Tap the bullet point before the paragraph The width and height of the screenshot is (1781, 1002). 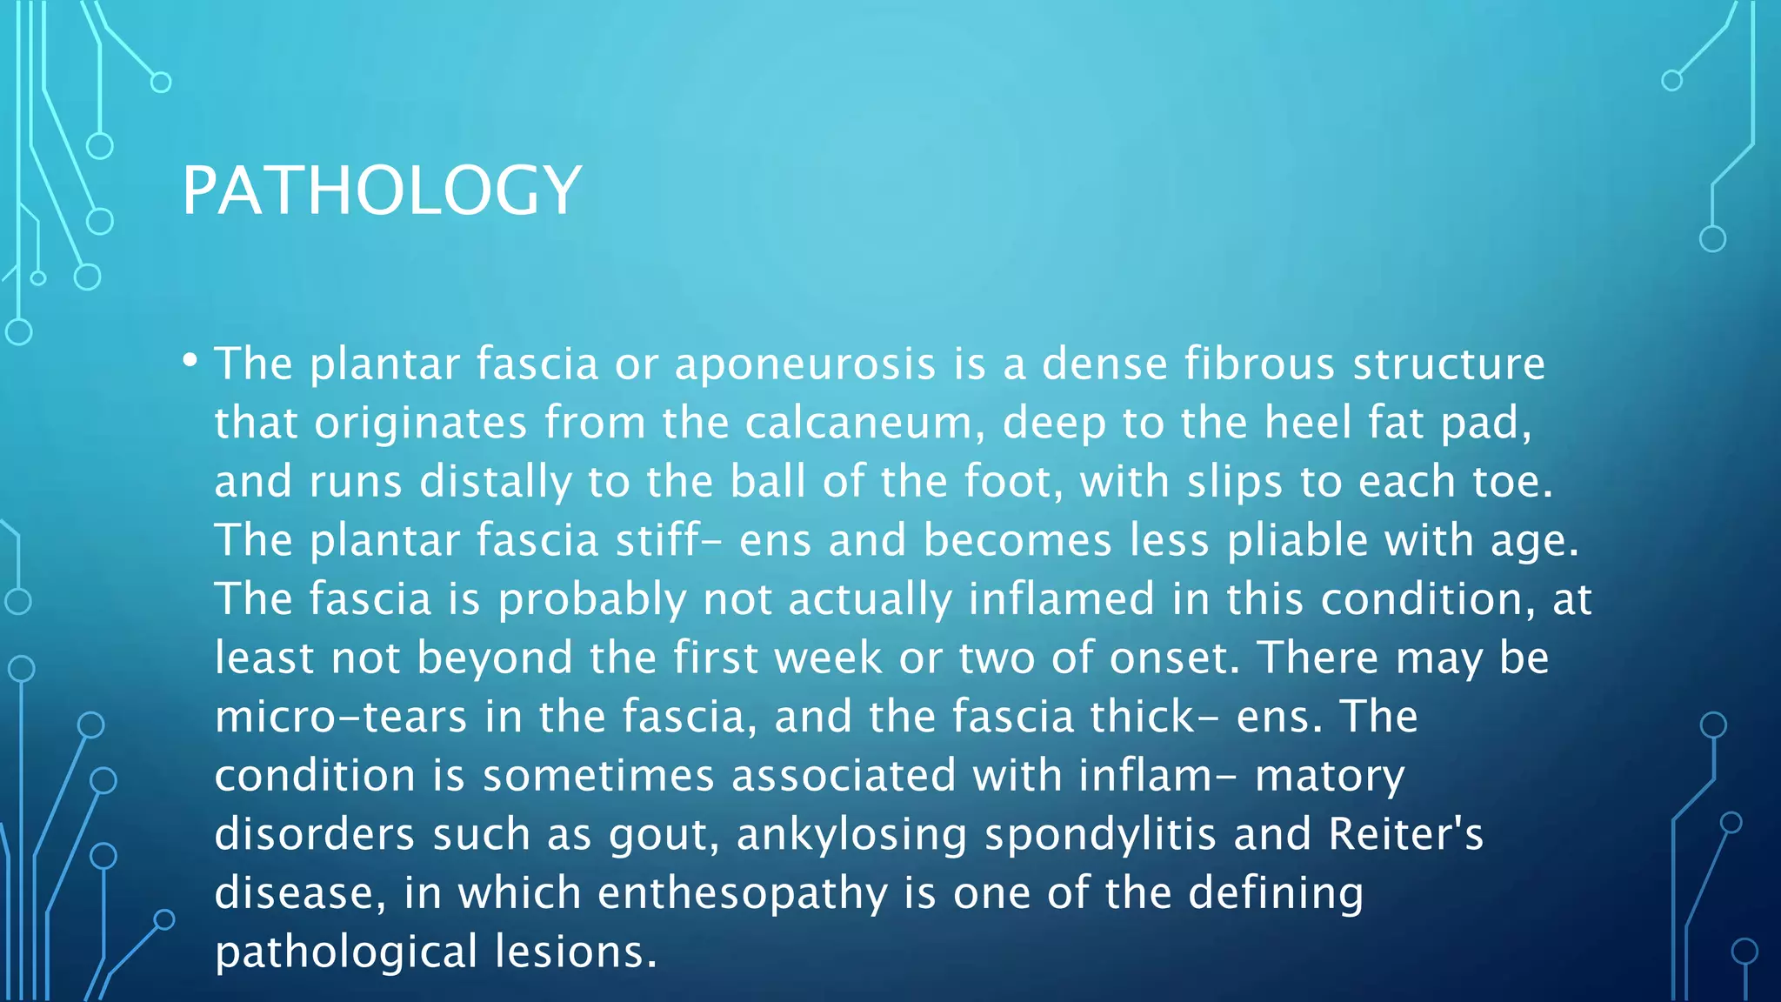[190, 358]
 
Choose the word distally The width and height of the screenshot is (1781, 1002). [496, 482]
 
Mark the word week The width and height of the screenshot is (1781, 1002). [828, 658]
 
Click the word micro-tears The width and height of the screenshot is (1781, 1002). [341, 717]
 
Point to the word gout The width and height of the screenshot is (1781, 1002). [663, 835]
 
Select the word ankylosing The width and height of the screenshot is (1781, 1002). [851, 835]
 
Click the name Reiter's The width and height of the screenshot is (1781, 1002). [1405, 834]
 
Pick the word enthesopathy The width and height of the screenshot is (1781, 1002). [743, 894]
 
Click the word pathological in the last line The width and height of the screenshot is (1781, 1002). [346, 953]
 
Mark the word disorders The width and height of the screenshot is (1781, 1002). [315, 834]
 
